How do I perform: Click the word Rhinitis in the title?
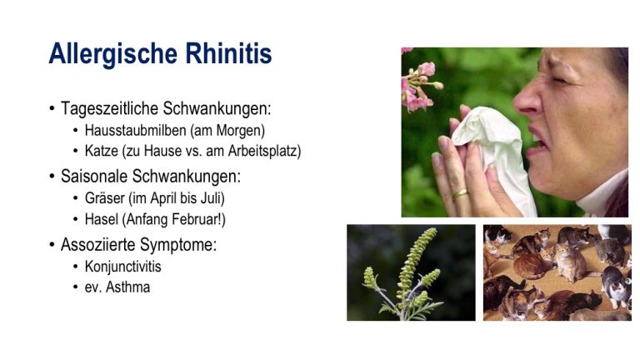click(228, 53)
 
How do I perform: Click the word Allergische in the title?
click(113, 54)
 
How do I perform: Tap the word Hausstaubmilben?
click(135, 130)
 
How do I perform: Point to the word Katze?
click(101, 151)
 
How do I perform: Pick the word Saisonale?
click(94, 177)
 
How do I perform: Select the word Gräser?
click(104, 198)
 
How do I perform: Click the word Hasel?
click(101, 219)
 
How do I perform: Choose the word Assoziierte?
click(98, 244)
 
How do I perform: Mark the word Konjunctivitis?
click(122, 267)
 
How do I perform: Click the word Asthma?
click(127, 287)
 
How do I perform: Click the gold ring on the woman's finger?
click(460, 194)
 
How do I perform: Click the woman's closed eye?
click(559, 80)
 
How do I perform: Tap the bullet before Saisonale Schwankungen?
click(52, 177)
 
